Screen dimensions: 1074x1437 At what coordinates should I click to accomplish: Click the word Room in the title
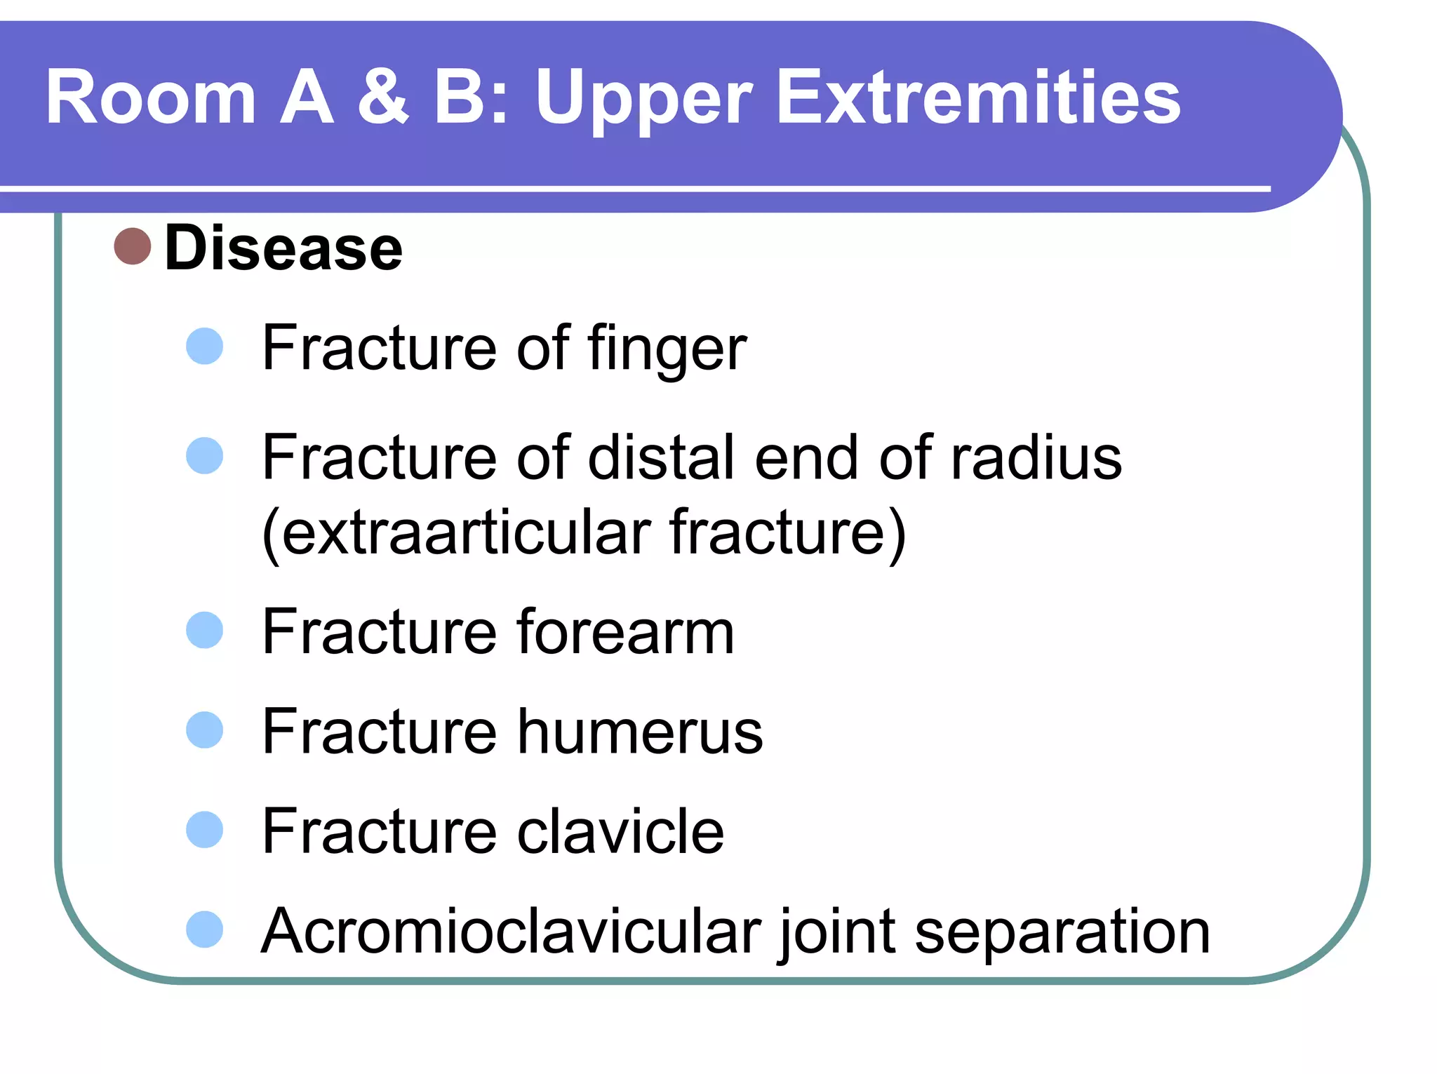click(x=151, y=98)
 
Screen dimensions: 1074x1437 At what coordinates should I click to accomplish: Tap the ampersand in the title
click(x=382, y=98)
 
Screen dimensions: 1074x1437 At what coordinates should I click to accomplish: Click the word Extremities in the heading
click(x=978, y=98)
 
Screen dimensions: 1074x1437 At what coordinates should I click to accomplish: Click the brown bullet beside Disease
click(x=133, y=247)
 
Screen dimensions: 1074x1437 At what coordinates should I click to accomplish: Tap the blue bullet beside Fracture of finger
click(x=204, y=346)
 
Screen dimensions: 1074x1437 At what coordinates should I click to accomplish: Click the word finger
click(x=667, y=349)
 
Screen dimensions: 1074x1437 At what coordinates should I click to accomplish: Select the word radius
click(x=1036, y=458)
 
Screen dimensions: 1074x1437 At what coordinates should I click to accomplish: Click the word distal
click(x=664, y=458)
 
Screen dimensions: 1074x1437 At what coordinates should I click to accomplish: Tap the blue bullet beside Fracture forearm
click(x=204, y=630)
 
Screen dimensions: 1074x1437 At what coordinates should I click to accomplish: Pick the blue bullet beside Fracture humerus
click(x=204, y=730)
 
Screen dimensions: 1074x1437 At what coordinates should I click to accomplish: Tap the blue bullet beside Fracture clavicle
click(x=204, y=830)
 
